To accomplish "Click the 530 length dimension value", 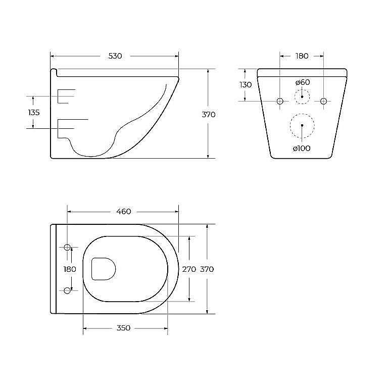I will coord(115,56).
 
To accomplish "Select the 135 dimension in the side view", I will coord(34,112).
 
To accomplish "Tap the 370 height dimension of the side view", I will coord(209,115).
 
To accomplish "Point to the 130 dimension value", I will coord(246,85).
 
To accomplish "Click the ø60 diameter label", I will coord(302,82).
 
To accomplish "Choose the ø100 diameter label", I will coord(302,148).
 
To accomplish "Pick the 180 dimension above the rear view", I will coord(302,56).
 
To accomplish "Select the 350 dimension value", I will coord(124,328).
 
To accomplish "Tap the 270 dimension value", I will coord(189,269).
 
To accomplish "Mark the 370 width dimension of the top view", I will coord(207,269).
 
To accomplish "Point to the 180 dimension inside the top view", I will coord(70,269).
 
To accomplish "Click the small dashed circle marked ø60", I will coord(302,96).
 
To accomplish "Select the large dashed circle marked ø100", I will coord(302,125).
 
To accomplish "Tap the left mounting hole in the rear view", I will coord(280,101).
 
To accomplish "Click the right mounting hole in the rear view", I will coord(324,101).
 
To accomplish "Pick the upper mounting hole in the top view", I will coord(67,248).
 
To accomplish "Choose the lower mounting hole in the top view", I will coord(67,290).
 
